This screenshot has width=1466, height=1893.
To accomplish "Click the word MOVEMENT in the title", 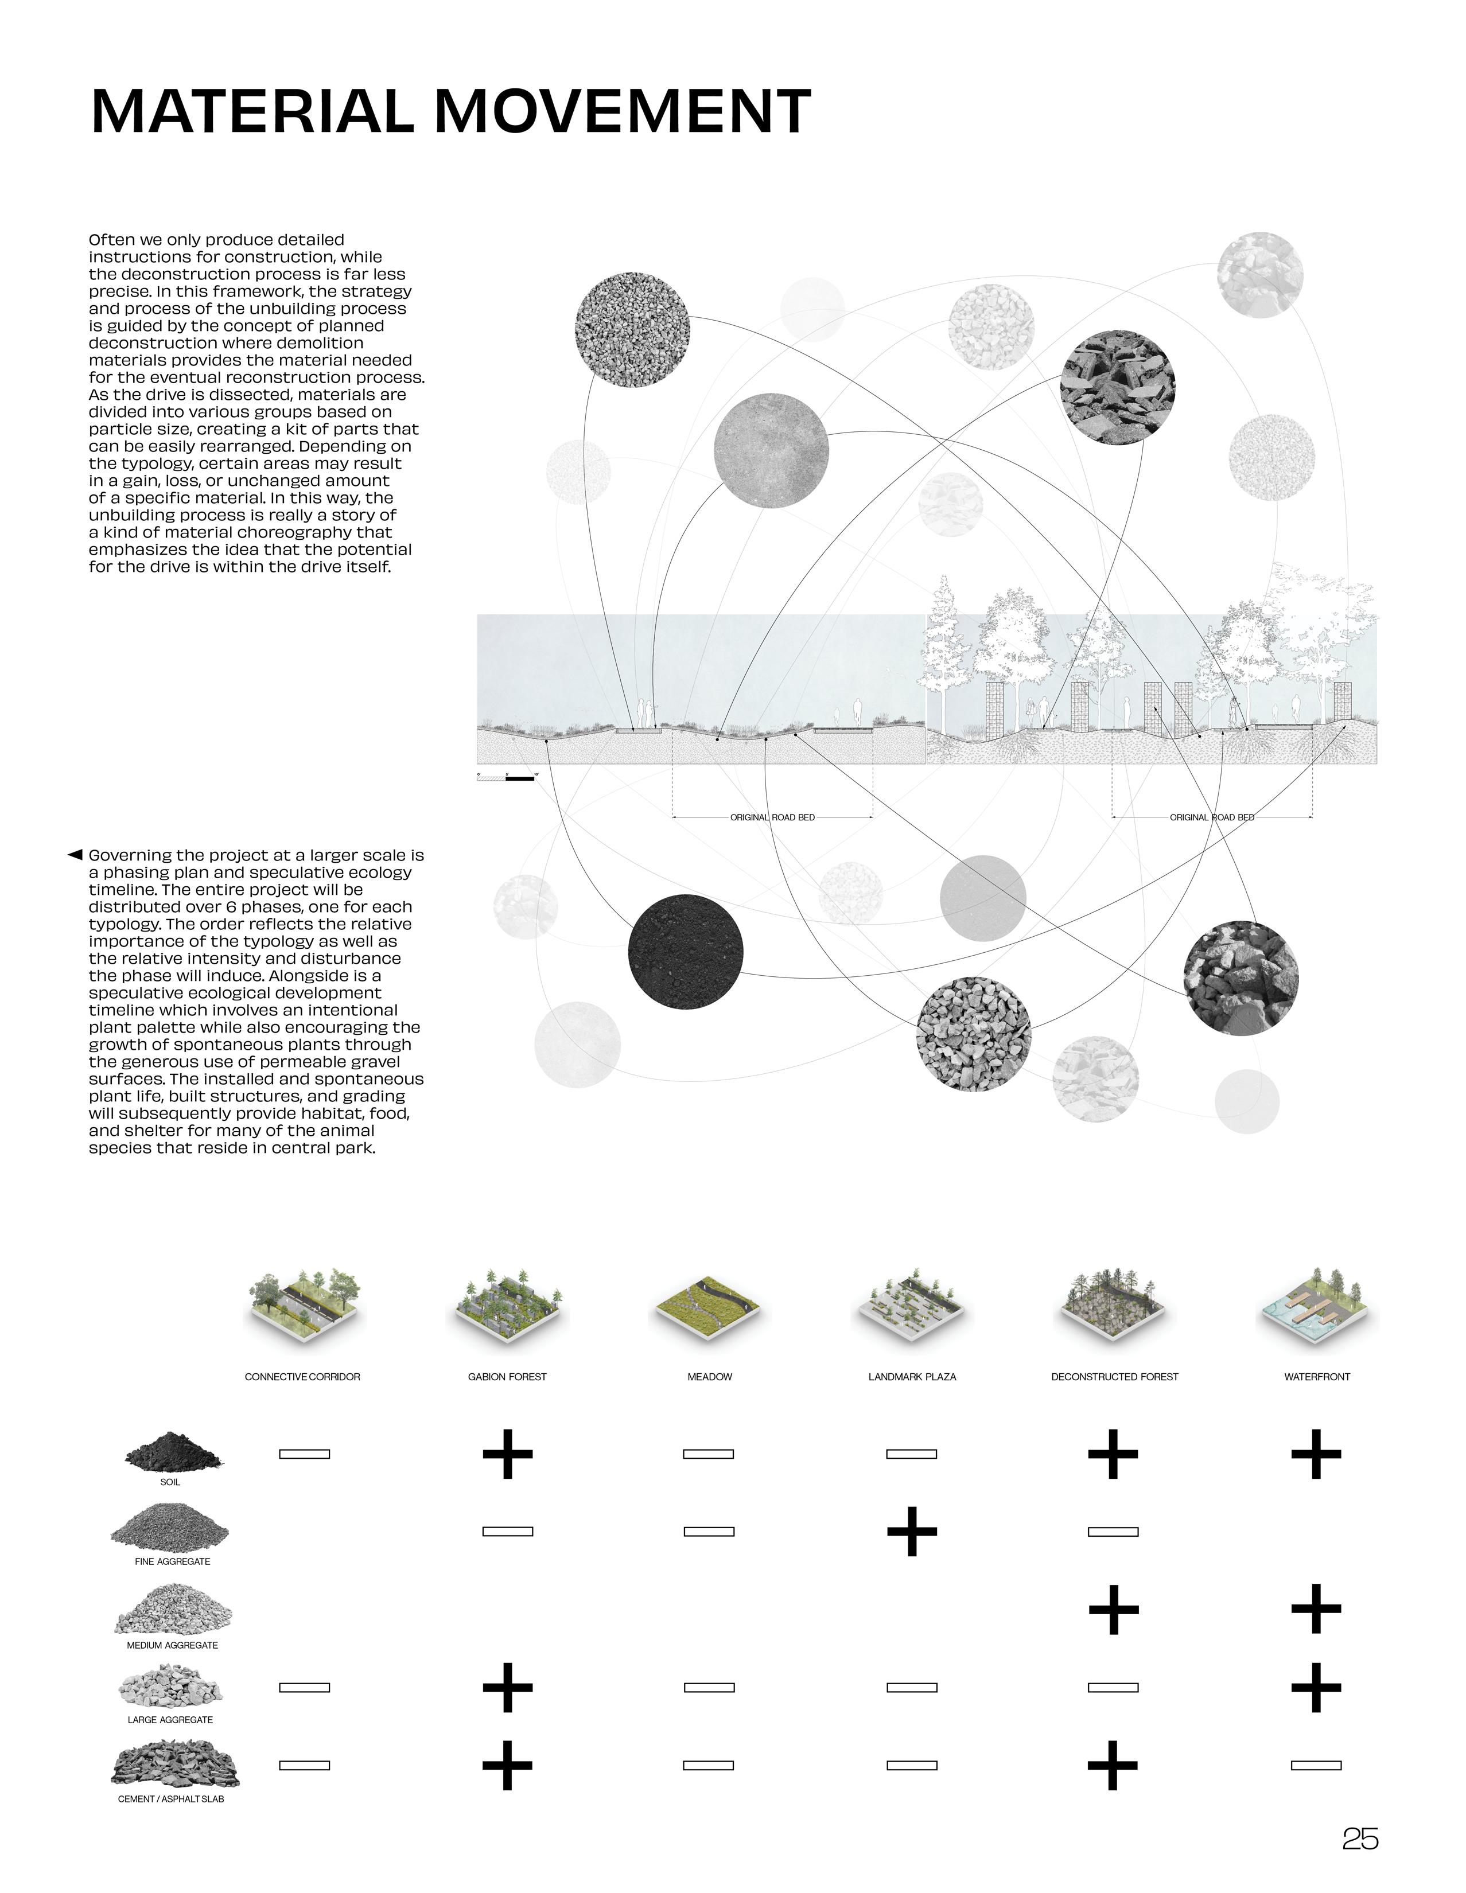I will pos(621,112).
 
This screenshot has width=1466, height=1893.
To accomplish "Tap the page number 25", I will pos(1359,1837).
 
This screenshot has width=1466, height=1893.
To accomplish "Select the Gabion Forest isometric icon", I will pos(507,1309).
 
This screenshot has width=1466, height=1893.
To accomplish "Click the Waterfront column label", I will pos(1316,1376).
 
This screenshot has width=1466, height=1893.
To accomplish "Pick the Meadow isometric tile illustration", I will pos(709,1309).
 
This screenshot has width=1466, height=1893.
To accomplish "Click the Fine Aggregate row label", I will pos(173,1561).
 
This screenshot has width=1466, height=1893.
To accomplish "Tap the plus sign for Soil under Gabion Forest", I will pos(507,1454).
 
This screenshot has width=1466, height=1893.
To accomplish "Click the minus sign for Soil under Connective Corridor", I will pos(304,1454).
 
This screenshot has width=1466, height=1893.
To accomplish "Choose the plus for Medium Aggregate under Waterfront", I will pos(1316,1608).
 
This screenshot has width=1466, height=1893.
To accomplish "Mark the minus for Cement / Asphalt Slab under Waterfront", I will pos(1316,1765).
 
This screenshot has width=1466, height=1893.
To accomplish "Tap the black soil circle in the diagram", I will pos(685,951).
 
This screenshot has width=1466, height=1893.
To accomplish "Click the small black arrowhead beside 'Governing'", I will pos(75,855).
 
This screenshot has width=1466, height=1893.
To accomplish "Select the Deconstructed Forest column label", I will pos(1114,1376).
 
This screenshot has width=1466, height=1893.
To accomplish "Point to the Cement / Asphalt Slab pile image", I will pos(174,1765).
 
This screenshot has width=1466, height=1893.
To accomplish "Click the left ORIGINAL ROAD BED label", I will pos(772,817).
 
